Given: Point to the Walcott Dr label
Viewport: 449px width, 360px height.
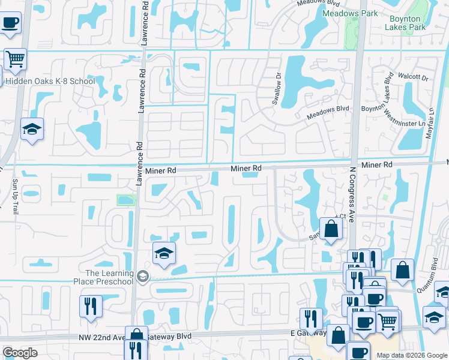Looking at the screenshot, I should pos(416,77).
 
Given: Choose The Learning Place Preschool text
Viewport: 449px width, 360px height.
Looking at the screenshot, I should pos(105,277).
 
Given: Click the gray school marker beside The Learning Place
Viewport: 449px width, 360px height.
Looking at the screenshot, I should pos(142,276).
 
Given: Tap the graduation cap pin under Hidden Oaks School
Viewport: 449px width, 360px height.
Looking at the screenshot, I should pos(32,129).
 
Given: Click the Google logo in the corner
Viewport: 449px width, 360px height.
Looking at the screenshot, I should pos(20,352).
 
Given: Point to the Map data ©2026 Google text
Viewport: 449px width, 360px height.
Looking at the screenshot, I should pos(412,355).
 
